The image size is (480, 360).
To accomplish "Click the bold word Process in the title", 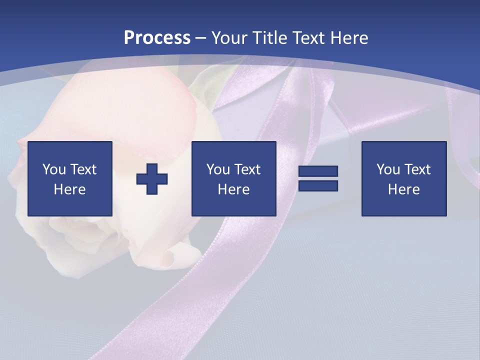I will [157, 38].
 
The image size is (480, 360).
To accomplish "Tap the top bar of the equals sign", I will [318, 171].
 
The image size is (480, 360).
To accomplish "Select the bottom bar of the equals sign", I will [318, 186].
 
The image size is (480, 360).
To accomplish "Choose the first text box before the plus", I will [69, 179].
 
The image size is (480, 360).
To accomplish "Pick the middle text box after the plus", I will [233, 179].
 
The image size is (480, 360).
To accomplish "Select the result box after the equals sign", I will [403, 179].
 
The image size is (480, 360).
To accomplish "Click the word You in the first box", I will [53, 169].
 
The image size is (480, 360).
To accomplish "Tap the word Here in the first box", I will [69, 189].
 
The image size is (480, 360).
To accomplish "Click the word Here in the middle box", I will [233, 189].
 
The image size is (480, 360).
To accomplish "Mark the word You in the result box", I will [387, 169].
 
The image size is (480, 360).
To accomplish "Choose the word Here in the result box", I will [403, 189].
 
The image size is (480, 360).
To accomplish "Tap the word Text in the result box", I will [417, 169].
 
